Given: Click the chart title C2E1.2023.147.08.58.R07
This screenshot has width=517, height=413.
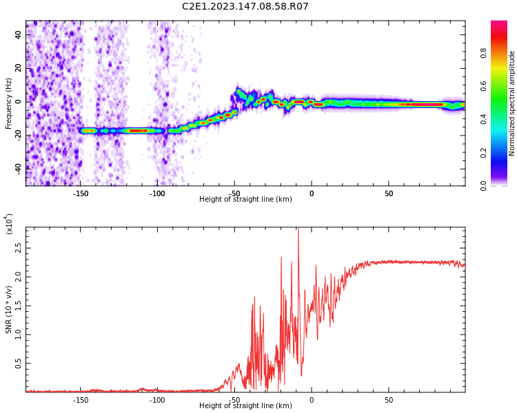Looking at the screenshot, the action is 245,6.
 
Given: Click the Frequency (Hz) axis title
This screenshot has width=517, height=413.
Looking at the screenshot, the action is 8,103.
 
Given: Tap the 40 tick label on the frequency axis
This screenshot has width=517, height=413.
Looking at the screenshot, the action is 18,34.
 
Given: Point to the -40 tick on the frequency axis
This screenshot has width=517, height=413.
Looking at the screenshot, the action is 18,169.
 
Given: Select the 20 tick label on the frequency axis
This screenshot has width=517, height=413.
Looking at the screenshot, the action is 18,68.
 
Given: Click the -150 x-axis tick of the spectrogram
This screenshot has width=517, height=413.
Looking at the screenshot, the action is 80,193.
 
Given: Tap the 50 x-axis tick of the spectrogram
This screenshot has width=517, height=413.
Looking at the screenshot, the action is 389,193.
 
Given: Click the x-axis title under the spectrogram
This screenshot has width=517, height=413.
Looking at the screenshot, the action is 245,199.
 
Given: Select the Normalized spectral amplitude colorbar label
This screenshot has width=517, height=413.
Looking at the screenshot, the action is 511,103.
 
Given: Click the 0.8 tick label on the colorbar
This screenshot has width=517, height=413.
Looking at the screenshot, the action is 483,53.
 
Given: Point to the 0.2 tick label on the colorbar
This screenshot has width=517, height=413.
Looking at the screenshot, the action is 483,153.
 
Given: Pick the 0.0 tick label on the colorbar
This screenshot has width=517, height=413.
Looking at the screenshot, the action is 483,186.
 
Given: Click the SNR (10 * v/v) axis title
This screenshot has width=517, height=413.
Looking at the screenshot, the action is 8,310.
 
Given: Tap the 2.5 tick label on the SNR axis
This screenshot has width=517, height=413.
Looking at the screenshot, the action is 18,248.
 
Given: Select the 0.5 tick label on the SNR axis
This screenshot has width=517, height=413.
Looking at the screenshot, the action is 18,363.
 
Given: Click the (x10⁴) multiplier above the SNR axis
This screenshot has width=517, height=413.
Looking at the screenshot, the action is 8,224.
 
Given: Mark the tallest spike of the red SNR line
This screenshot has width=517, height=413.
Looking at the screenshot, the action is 298,228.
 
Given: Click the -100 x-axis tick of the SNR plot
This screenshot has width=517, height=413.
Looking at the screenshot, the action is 157,400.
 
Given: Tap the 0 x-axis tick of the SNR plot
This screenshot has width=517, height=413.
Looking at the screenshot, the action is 312,400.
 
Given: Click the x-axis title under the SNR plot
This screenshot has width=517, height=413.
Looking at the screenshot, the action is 245,405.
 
